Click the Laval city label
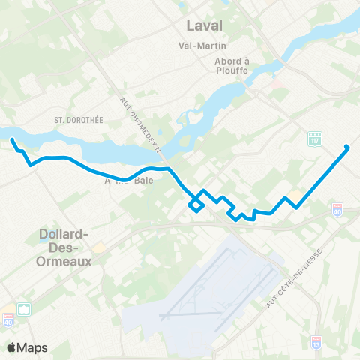(205, 27)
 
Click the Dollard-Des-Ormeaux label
(64, 248)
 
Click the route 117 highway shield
(315, 139)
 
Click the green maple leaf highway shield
(24, 309)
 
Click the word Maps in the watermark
(33, 347)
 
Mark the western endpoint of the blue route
(12, 140)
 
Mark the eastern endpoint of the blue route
(346, 147)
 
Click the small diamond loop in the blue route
(196, 203)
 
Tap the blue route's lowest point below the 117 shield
(298, 208)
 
